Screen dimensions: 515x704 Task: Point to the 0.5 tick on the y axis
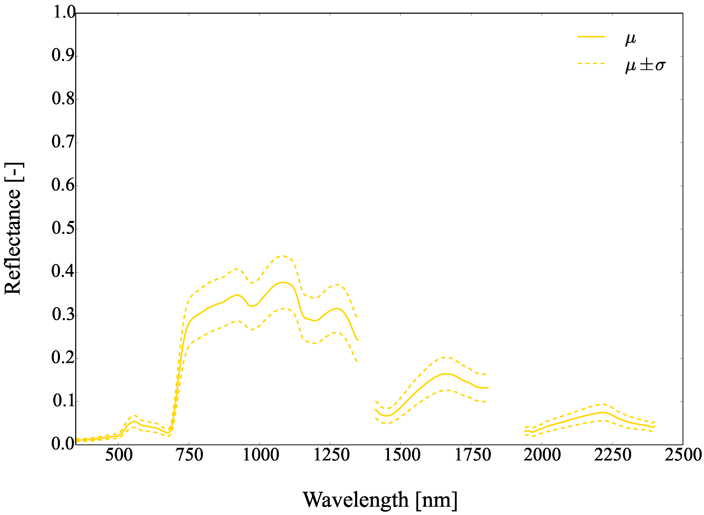63,228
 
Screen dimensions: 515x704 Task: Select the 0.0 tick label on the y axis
63,444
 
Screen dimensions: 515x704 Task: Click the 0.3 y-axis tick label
63,314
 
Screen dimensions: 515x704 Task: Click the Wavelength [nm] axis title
380,500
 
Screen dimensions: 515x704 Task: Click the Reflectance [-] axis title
13,228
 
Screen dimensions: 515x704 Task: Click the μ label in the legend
630,39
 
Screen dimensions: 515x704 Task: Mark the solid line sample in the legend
591,37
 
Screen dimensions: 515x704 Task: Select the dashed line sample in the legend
591,64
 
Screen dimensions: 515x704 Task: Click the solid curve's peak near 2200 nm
603,412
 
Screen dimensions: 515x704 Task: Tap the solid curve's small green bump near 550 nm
134,421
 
